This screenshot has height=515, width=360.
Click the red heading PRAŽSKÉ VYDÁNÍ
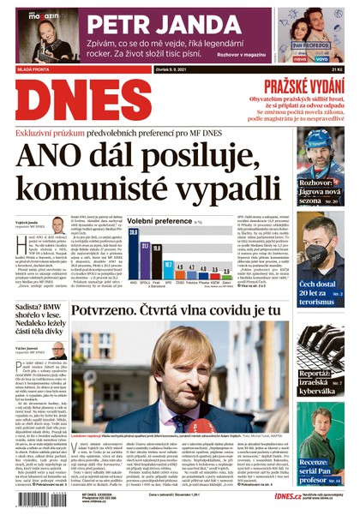point(301,85)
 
